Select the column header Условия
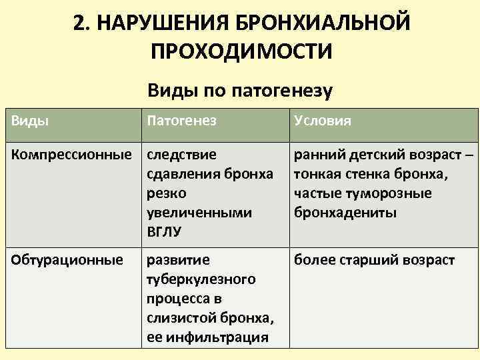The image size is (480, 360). [x=323, y=122]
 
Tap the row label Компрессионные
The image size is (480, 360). [x=70, y=155]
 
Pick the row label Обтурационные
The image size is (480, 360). [x=67, y=259]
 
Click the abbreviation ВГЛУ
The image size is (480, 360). [x=163, y=233]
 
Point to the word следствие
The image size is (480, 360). [x=181, y=155]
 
